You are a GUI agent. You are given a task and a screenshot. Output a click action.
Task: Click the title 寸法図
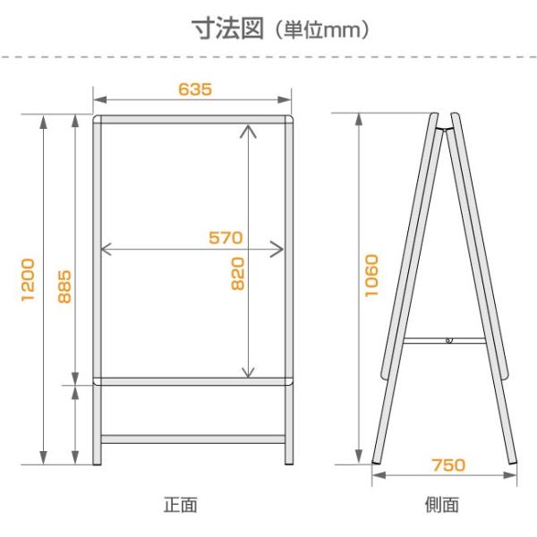tap(231, 28)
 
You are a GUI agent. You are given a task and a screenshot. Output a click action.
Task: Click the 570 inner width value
tap(226, 237)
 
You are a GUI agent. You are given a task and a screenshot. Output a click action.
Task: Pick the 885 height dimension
tap(64, 286)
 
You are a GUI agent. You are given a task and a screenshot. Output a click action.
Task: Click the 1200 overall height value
tap(28, 279)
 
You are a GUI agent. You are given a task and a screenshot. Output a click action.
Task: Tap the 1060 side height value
tap(372, 275)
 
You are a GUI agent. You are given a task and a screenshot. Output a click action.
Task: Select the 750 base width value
tap(447, 465)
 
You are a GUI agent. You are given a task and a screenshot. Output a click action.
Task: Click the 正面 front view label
tap(179, 505)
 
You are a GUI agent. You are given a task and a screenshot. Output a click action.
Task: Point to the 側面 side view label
tap(443, 505)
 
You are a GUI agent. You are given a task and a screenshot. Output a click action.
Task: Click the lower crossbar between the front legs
tap(193, 439)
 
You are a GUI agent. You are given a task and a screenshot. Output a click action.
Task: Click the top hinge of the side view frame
tap(445, 125)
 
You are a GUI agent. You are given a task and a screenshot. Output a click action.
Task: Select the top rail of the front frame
tap(193, 119)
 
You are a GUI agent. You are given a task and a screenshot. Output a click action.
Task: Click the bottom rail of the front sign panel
tap(193, 382)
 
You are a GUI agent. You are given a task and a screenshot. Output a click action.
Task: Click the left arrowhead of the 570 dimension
tap(107, 250)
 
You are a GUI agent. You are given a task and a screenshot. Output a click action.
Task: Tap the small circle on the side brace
tap(450, 340)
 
